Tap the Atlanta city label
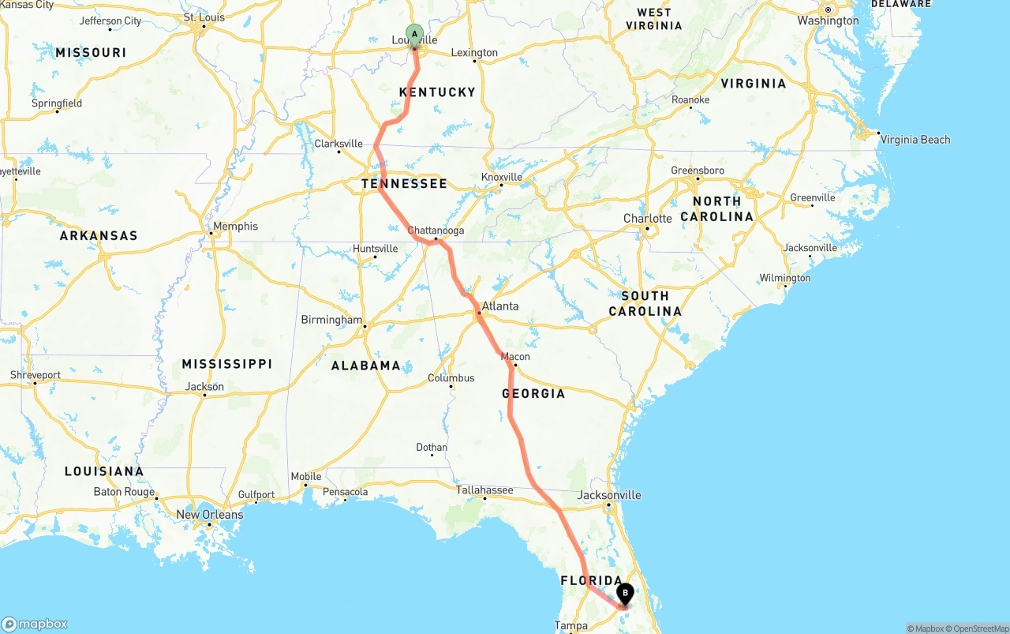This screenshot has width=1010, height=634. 500,306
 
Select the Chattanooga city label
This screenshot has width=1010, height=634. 436,231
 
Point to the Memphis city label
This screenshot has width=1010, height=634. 235,227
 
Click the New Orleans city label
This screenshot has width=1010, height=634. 209,515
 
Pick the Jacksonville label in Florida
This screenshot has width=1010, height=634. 609,495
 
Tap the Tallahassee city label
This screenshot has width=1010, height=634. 484,490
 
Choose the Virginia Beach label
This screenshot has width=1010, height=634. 915,140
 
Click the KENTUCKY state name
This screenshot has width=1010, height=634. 437,92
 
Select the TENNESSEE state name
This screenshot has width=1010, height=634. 404,184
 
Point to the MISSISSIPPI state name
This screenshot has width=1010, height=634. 227,364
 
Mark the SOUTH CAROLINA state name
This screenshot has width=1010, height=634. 645,303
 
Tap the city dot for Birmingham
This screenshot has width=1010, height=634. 364,325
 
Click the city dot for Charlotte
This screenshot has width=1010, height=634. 647,229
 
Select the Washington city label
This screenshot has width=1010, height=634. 828,21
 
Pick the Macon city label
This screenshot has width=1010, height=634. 515,357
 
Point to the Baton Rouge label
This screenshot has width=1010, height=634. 124,492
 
